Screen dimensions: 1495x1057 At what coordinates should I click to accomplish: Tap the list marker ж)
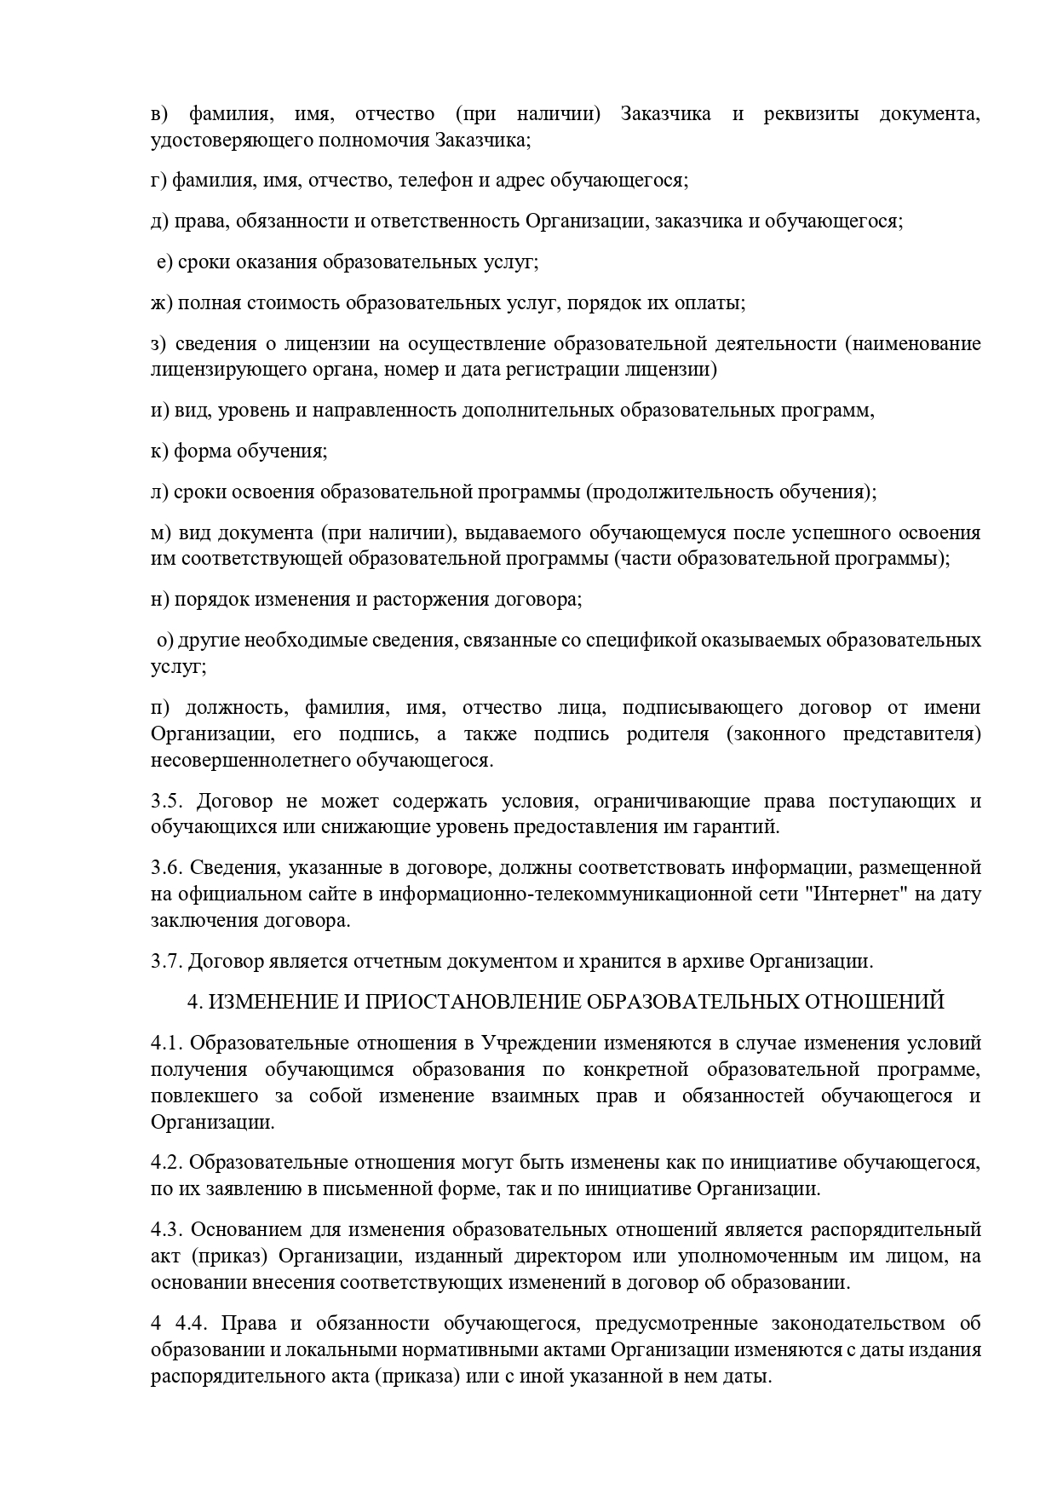tap(162, 303)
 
